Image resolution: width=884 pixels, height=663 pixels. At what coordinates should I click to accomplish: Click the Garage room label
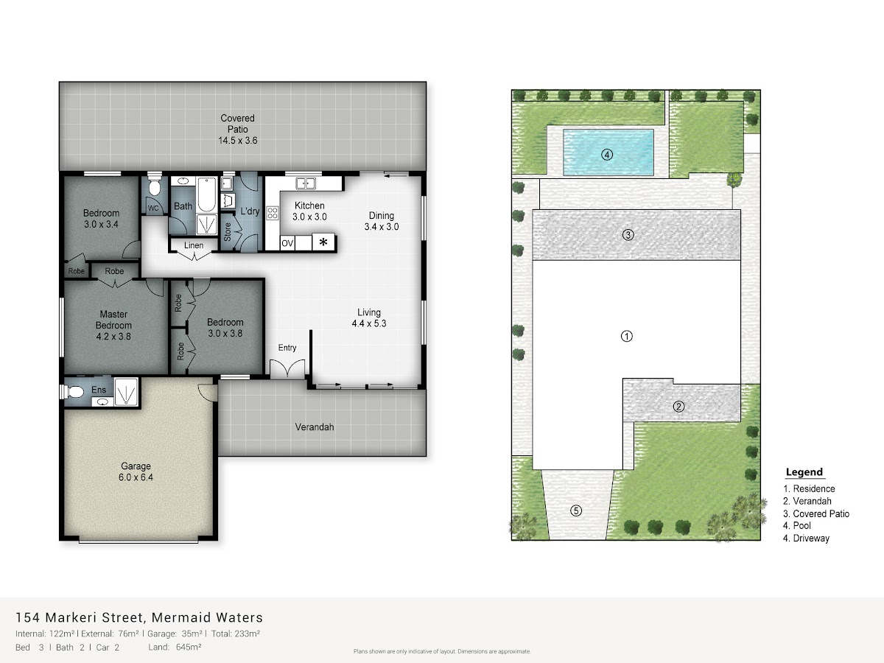[x=136, y=471]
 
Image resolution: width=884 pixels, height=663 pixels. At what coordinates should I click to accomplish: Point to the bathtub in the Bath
[x=207, y=194]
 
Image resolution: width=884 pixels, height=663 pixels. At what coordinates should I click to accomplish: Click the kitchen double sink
[x=306, y=183]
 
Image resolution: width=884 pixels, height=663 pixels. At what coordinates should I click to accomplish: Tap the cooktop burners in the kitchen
[x=273, y=213]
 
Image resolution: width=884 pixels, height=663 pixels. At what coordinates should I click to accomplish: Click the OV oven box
[x=287, y=243]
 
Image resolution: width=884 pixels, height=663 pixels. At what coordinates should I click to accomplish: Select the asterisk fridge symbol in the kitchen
[x=323, y=242]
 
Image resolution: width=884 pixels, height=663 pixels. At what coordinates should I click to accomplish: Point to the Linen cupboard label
[x=194, y=245]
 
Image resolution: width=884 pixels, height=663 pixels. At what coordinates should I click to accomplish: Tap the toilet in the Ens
[x=73, y=391]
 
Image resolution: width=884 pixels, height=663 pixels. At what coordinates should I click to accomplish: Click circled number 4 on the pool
[x=607, y=155]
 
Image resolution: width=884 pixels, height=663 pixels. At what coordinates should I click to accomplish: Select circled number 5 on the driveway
[x=576, y=511]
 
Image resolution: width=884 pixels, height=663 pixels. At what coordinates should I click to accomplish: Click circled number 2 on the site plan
[x=678, y=407]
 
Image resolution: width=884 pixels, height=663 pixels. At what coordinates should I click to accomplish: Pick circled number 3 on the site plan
[x=628, y=235]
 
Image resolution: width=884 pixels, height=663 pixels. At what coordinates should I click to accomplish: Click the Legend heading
[x=804, y=472]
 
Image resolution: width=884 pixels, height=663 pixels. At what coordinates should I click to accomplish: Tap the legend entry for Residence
[x=809, y=488]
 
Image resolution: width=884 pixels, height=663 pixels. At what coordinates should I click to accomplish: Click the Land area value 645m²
[x=189, y=647]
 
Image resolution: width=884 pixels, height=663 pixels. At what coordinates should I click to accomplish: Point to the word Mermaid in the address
[x=180, y=617]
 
